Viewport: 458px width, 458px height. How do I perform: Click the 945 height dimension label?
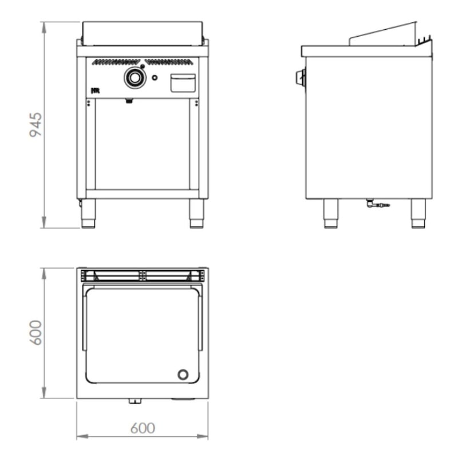tap(36, 125)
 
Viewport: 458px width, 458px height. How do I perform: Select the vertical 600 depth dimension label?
tap(36, 333)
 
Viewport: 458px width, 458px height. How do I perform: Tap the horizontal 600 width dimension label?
tap(143, 428)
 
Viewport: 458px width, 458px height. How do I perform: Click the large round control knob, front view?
tap(135, 77)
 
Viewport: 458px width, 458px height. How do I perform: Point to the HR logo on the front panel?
tap(95, 90)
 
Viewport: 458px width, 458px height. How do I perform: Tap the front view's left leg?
tap(88, 214)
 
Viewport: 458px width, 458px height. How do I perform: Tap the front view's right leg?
tap(196, 214)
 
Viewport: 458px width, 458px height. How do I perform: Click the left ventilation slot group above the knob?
tap(116, 62)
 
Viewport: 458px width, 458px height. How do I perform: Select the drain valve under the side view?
tap(377, 203)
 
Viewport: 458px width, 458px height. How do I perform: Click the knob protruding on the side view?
tap(299, 78)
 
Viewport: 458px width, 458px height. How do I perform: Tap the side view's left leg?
tap(331, 214)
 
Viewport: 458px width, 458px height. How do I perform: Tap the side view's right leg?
tap(418, 214)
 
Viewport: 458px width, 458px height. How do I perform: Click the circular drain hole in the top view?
tap(183, 374)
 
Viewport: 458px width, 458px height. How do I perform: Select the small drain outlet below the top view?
tap(135, 401)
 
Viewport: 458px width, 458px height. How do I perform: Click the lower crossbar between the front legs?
tap(143, 194)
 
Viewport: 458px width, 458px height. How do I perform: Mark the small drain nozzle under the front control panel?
tap(129, 102)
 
